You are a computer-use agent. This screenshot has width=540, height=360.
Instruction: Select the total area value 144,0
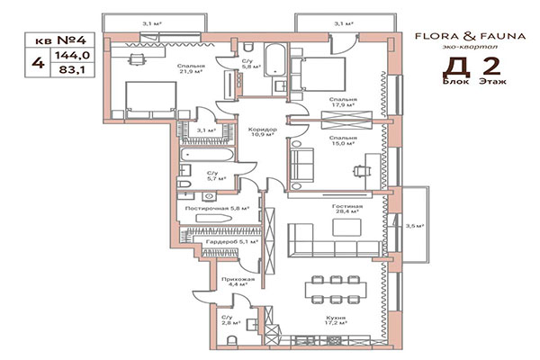point(65,53)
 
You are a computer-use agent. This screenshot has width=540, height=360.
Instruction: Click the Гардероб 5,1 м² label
point(232,241)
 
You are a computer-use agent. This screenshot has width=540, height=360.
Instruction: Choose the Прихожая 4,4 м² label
point(238,282)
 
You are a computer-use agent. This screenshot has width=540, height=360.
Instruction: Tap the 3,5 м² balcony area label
point(415,225)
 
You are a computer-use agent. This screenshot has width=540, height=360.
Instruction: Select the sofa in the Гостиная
point(324,242)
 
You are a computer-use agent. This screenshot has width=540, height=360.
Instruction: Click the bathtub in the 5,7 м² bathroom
point(207,156)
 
